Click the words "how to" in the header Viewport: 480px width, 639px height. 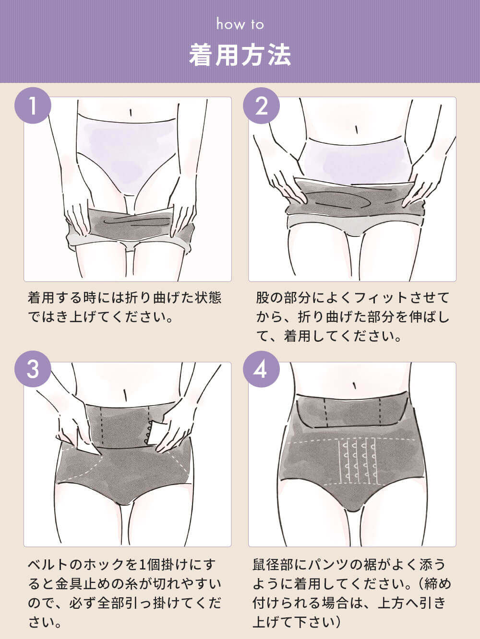[240, 24]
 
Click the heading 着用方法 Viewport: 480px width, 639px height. [240, 55]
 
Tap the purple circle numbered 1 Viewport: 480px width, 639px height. [33, 105]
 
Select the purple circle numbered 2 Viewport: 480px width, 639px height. [261, 105]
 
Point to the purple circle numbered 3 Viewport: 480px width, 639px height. [33, 369]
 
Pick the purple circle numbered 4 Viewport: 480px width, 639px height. [261, 369]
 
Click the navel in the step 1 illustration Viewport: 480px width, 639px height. [131, 112]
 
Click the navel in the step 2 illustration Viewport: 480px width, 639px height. [356, 129]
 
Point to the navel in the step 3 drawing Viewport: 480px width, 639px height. [125, 395]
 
